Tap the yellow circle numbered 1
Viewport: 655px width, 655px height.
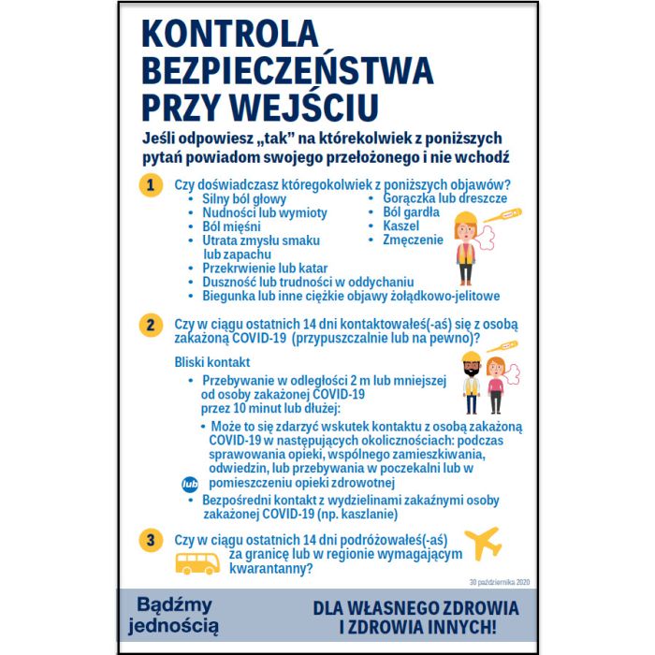click(x=150, y=184)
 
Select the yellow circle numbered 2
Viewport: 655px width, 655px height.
click(x=150, y=326)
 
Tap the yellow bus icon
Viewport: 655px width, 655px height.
click(x=197, y=563)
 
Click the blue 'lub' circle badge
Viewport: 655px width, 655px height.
click(x=189, y=485)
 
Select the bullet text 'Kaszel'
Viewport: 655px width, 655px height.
click(x=401, y=226)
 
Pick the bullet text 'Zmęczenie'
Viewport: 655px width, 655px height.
click(x=413, y=240)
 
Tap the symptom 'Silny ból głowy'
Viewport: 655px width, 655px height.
click(x=244, y=199)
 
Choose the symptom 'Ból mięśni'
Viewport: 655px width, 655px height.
click(x=231, y=226)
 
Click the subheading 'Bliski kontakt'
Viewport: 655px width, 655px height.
click(x=212, y=362)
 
